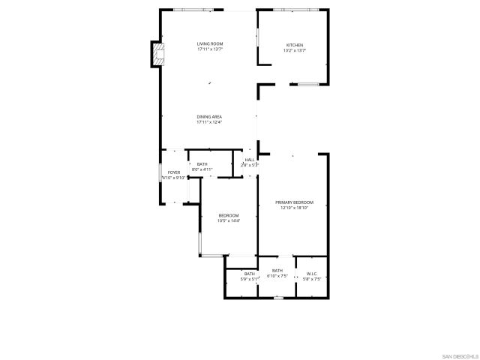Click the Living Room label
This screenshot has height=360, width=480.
click(x=210, y=44)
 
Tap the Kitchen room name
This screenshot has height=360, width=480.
click(x=294, y=44)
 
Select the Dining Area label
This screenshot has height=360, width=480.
click(x=209, y=116)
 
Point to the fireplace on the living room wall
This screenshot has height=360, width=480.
click(x=156, y=55)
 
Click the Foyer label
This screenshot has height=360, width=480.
click(x=173, y=172)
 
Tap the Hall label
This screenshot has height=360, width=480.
click(x=249, y=159)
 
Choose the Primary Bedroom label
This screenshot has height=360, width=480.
click(x=294, y=202)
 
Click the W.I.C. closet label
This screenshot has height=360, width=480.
click(x=312, y=274)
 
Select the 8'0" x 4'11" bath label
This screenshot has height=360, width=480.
click(x=202, y=164)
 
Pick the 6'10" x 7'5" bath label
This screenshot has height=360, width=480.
click(x=277, y=271)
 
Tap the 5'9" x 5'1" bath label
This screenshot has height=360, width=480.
click(x=249, y=274)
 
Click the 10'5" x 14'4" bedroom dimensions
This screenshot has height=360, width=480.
click(x=228, y=220)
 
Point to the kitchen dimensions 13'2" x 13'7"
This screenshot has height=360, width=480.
click(x=294, y=50)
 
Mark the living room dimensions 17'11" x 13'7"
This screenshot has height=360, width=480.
click(x=210, y=50)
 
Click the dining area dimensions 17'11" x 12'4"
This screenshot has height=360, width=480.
click(x=209, y=122)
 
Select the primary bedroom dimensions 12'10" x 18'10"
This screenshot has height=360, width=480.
click(x=294, y=208)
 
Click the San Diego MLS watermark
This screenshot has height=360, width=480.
click(x=459, y=355)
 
